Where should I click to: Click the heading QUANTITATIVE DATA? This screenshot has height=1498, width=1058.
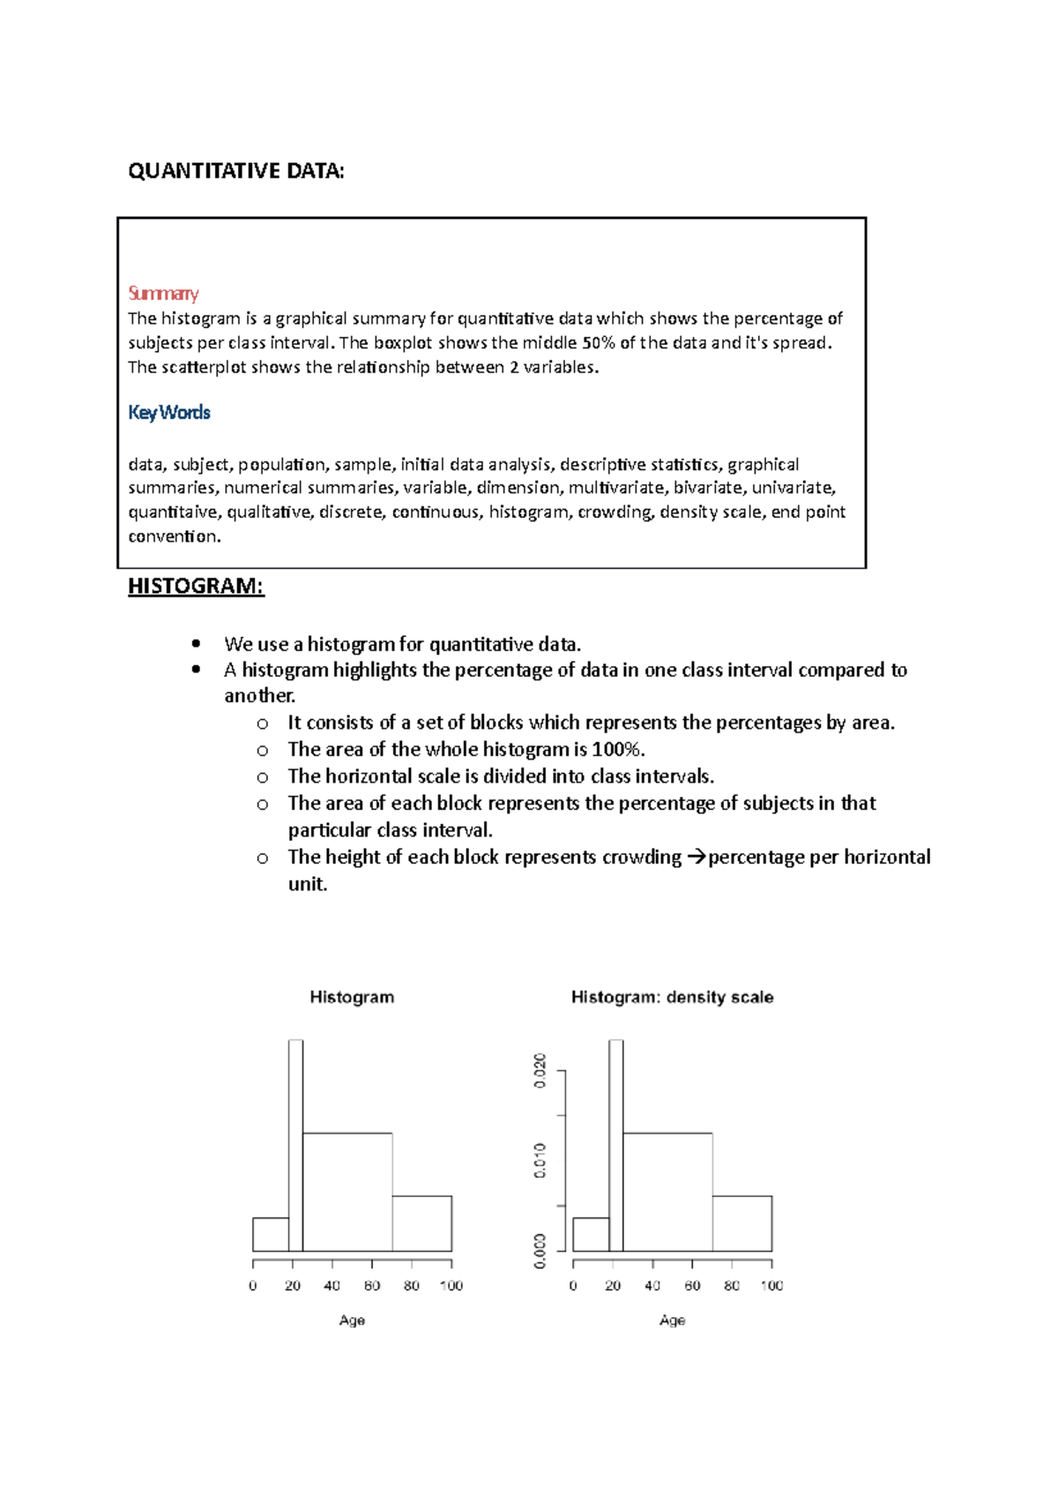tap(235, 171)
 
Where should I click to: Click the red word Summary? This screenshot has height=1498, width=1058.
tap(163, 293)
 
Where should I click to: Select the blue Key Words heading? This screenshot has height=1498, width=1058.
tap(168, 412)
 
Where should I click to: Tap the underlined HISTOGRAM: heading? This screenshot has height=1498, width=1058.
tap(196, 587)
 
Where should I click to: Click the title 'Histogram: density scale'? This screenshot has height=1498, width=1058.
tap(672, 997)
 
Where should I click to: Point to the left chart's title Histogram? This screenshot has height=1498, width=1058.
tap(352, 997)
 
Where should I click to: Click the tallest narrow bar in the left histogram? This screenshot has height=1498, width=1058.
tap(295, 1147)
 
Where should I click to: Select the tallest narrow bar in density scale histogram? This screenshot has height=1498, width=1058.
tap(615, 1147)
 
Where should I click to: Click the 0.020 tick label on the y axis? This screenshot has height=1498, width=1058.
tap(540, 1070)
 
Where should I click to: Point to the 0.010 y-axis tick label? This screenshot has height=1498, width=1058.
tap(540, 1160)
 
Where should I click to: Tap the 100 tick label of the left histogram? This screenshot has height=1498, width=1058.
tap(451, 1285)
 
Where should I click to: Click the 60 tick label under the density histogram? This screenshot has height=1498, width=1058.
tap(692, 1285)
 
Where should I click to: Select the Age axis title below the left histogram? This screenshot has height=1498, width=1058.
tap(352, 1320)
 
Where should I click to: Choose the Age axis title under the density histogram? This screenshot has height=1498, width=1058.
tap(672, 1320)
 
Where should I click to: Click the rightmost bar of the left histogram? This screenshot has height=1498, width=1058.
tap(421, 1224)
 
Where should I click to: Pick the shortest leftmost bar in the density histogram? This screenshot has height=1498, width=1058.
tap(591, 1234)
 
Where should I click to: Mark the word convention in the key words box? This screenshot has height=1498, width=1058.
tap(173, 536)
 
